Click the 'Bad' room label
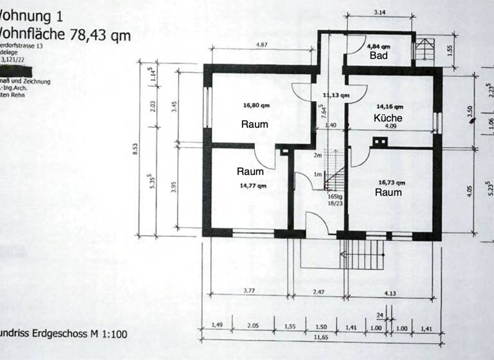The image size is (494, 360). (x=378, y=56)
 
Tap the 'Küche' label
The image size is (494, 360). (x=388, y=118)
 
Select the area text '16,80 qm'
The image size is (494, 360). (x=255, y=105)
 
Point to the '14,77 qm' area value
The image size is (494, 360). (x=253, y=185)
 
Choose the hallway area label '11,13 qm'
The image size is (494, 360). (x=336, y=94)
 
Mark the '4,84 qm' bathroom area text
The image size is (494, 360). (x=378, y=47)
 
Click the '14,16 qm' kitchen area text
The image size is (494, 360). (x=390, y=106)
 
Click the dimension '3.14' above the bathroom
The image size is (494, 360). (x=380, y=12)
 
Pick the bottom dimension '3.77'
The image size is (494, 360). (x=248, y=292)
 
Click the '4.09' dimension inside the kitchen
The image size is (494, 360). (x=390, y=126)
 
